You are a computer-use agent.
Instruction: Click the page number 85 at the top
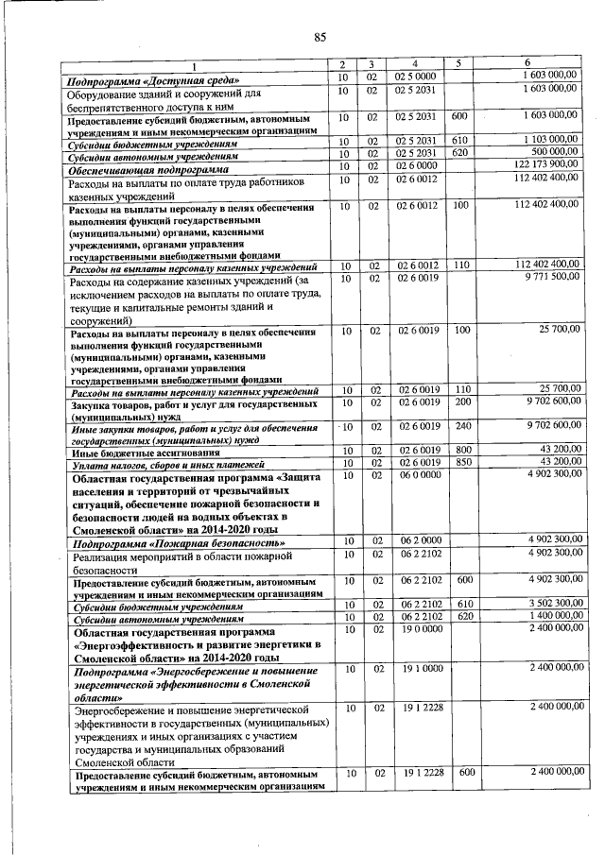[x=320, y=37]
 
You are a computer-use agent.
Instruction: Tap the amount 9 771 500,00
[x=546, y=277]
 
